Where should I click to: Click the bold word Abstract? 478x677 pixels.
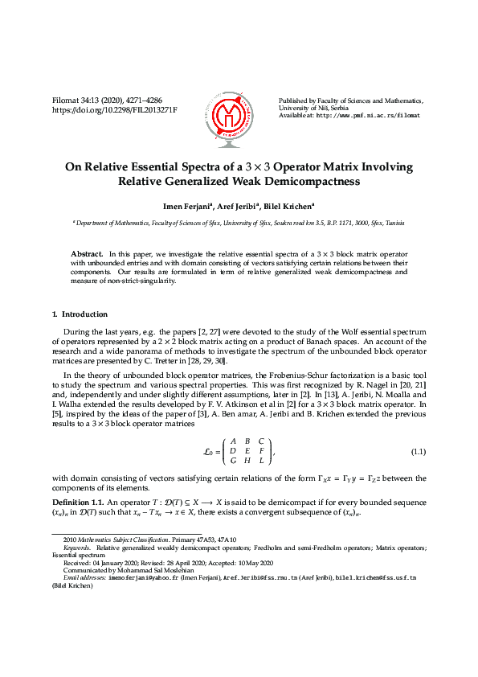(86, 252)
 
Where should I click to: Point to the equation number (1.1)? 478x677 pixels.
(418, 453)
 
